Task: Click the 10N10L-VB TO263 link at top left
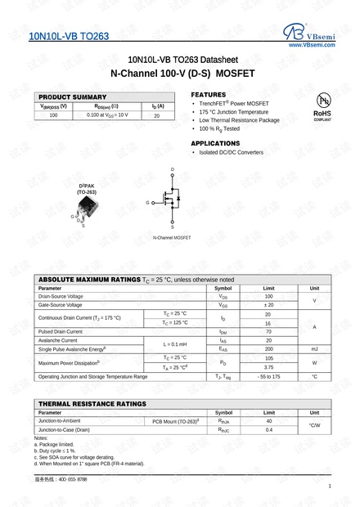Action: [x=69, y=37]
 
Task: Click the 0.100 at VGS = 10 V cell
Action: [x=107, y=115]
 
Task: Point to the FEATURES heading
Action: [x=208, y=94]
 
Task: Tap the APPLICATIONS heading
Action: [x=214, y=143]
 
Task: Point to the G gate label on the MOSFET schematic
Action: [x=148, y=202]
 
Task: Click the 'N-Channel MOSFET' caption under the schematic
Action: [x=172, y=237]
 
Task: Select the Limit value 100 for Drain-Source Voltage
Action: [x=268, y=296]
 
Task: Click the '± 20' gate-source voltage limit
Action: [x=268, y=304]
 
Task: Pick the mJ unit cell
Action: [x=314, y=349]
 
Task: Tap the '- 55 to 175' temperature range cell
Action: [x=268, y=376]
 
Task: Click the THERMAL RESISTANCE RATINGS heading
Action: [x=92, y=404]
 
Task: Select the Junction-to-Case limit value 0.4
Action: [x=268, y=429]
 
